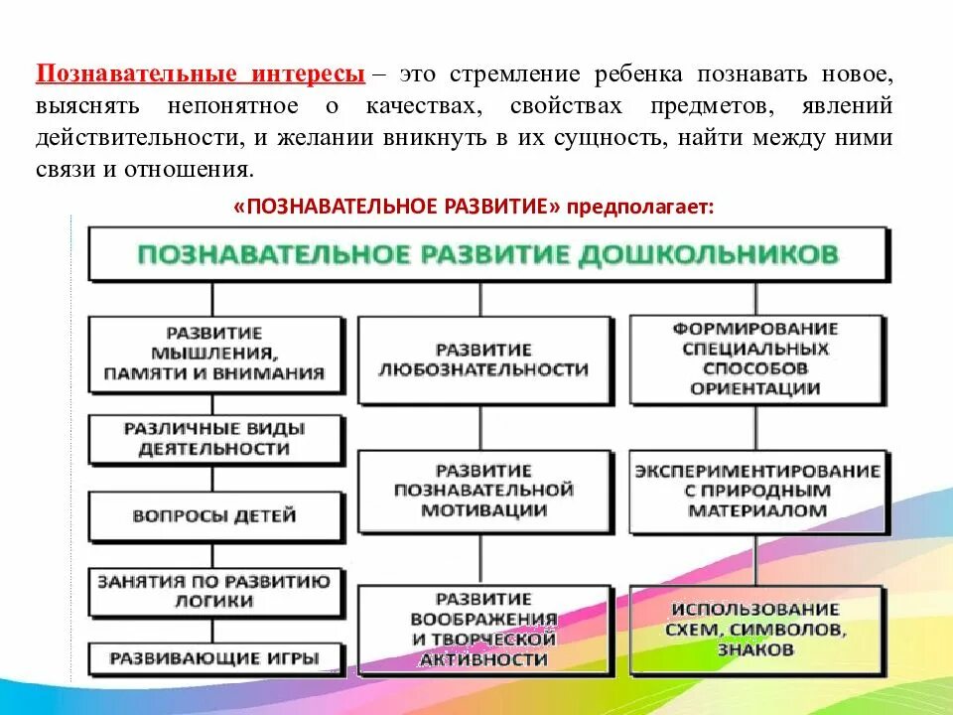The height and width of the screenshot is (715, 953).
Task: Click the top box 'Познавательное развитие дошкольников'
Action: click(488, 254)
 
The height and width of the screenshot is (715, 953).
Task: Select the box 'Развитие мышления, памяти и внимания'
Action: click(216, 353)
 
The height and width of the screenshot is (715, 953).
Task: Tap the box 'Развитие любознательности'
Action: click(483, 359)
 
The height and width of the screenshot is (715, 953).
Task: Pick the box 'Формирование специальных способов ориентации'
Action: click(755, 358)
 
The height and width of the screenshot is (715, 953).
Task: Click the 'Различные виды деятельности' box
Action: click(213, 439)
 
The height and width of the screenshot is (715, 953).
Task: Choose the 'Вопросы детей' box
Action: click(213, 515)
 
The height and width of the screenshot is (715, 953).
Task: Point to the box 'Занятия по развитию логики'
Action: click(213, 591)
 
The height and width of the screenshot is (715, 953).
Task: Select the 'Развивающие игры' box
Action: click(213, 657)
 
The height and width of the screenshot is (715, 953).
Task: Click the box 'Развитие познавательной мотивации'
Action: click(483, 491)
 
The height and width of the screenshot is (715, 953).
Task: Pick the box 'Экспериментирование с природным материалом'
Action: click(756, 491)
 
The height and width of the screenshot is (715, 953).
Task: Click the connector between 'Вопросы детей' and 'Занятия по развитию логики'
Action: click(212, 552)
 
